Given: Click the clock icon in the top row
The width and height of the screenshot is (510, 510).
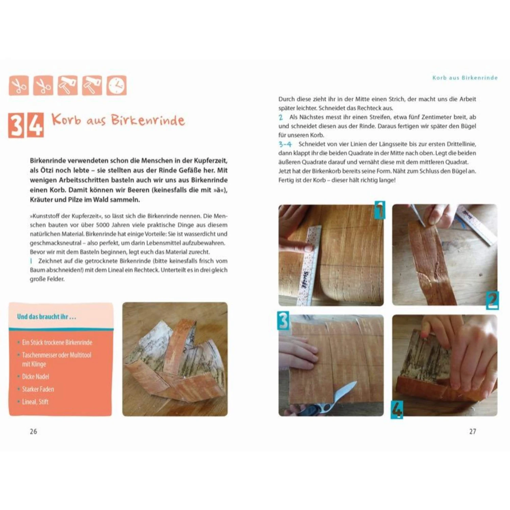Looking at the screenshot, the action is pos(117,85).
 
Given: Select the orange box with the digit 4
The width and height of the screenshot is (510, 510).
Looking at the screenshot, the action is pos(35,125).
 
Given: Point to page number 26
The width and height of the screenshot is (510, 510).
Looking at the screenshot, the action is pos(33,431).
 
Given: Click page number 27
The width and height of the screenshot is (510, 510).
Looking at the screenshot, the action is pos(473,431).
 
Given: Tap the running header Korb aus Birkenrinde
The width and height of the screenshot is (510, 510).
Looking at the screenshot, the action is pos(465,78).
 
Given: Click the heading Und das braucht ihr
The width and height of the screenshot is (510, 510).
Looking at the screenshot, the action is pos(47,317).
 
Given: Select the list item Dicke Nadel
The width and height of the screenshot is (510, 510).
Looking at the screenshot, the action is pos(36,376).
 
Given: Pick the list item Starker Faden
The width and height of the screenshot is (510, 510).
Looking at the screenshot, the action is pos(38,389).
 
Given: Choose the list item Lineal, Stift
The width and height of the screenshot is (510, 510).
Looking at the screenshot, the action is pos(35,402).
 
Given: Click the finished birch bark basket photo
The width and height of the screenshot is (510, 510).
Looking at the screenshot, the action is pos(175,359).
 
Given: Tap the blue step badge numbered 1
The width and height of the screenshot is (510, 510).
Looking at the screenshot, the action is pos(379,210).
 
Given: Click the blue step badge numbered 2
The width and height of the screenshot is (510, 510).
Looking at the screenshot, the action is pos(492,300).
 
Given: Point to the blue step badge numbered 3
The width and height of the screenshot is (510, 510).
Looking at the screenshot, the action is pos(284,320).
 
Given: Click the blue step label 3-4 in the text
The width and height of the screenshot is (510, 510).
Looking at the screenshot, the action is pos(285,144).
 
